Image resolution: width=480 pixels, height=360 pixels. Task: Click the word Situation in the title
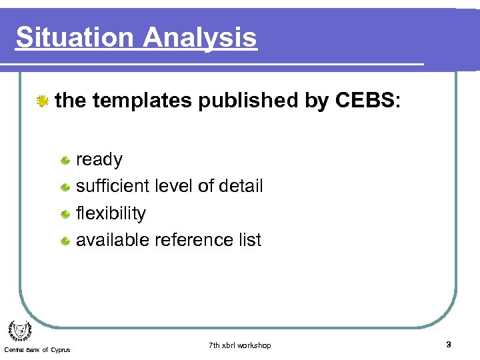click(70, 37)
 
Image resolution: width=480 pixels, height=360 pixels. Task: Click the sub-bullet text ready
click(99, 160)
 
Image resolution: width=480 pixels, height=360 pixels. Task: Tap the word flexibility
click(111, 213)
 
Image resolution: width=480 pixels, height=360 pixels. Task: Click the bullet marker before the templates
click(43, 101)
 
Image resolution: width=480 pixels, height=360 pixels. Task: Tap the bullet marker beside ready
click(65, 161)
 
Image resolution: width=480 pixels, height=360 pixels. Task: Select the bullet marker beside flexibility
click(65, 214)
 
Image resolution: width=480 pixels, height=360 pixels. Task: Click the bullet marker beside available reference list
click(65, 241)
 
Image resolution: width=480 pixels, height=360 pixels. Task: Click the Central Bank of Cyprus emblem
click(19, 330)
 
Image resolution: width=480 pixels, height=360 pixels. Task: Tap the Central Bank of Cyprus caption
click(37, 350)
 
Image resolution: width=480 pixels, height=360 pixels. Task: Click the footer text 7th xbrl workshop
click(239, 345)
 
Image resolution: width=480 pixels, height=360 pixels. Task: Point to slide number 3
click(448, 345)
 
